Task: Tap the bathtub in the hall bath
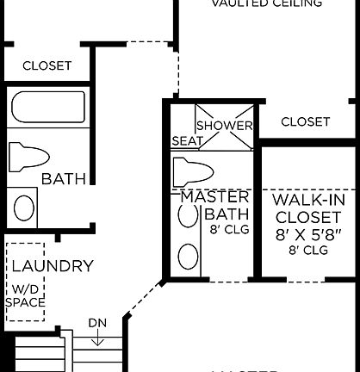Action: (x=48, y=108)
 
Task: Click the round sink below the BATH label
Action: (x=26, y=208)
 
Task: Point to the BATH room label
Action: (x=64, y=179)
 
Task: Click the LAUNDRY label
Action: (x=53, y=266)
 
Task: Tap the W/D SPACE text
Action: (x=25, y=295)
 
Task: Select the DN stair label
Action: (x=97, y=324)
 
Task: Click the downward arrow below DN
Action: (x=97, y=338)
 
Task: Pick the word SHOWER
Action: (x=225, y=126)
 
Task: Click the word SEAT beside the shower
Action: (x=187, y=140)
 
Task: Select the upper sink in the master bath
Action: (x=187, y=216)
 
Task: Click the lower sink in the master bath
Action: (x=187, y=255)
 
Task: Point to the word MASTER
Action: (x=214, y=197)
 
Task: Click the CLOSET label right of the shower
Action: (x=305, y=121)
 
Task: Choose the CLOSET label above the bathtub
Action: (x=47, y=65)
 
